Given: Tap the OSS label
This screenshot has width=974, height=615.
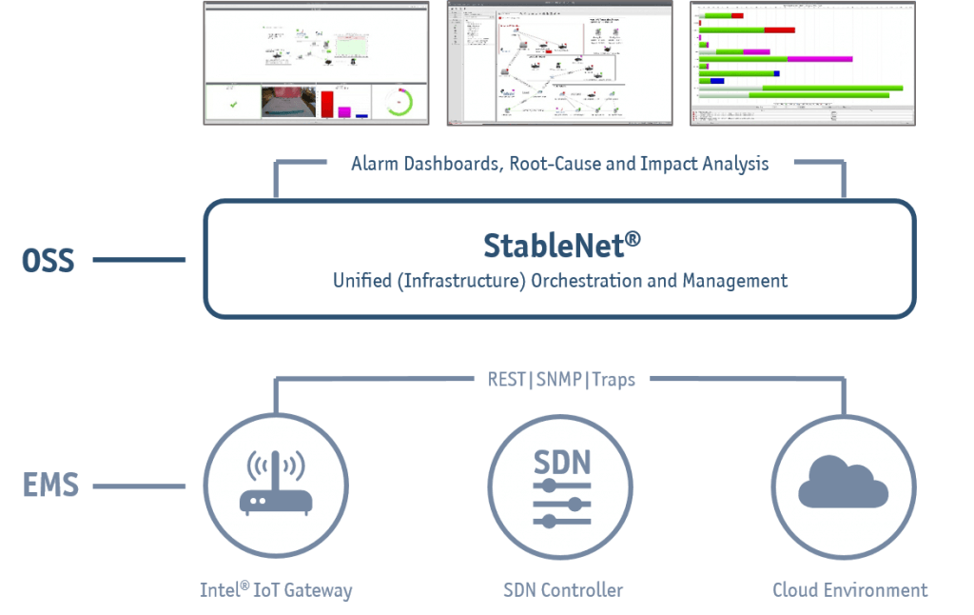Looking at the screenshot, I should tap(48, 260).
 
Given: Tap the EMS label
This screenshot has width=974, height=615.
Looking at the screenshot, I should tap(50, 486).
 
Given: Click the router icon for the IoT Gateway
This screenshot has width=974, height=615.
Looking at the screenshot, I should tap(276, 484).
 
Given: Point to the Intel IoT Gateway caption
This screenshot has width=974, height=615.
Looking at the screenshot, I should tap(276, 590).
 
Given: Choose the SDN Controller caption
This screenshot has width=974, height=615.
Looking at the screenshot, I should tap(562, 590).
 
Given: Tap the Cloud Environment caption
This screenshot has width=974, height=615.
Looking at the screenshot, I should tap(849, 590).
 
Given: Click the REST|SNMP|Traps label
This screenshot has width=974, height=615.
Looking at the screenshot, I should tap(555, 379).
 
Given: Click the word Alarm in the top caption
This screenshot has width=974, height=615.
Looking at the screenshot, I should tap(375, 164).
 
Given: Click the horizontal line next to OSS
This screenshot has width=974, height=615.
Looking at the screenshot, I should tap(139, 260).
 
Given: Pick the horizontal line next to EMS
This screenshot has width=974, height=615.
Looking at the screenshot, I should tap(139, 487).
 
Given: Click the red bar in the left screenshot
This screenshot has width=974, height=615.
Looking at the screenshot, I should tap(327, 104).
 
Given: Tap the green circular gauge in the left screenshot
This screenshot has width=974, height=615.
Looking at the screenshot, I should tap(400, 103).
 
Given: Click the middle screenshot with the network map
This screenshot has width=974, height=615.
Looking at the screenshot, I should tap(561, 62).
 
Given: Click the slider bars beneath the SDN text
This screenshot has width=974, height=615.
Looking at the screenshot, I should tap(561, 503).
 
